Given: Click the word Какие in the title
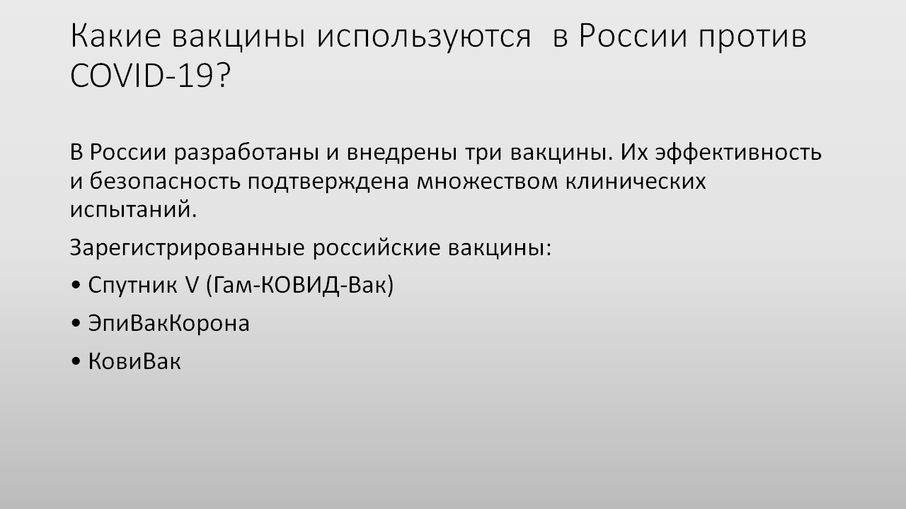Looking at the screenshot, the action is point(115,36).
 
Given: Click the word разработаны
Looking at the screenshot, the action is point(247,154).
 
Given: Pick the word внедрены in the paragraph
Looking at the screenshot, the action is point(402,153).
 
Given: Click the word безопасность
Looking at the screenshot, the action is point(165,181).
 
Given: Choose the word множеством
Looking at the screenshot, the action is point(487,182).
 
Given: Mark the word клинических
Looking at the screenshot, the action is point(636,182).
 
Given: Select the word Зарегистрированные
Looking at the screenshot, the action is point(188,248).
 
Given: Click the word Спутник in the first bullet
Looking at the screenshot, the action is point(132,285).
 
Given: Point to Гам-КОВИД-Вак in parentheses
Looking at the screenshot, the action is point(299,285).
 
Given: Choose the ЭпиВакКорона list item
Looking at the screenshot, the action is point(169,324).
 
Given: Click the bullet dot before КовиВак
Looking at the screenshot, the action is point(76,361).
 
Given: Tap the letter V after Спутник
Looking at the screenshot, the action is point(192,284).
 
